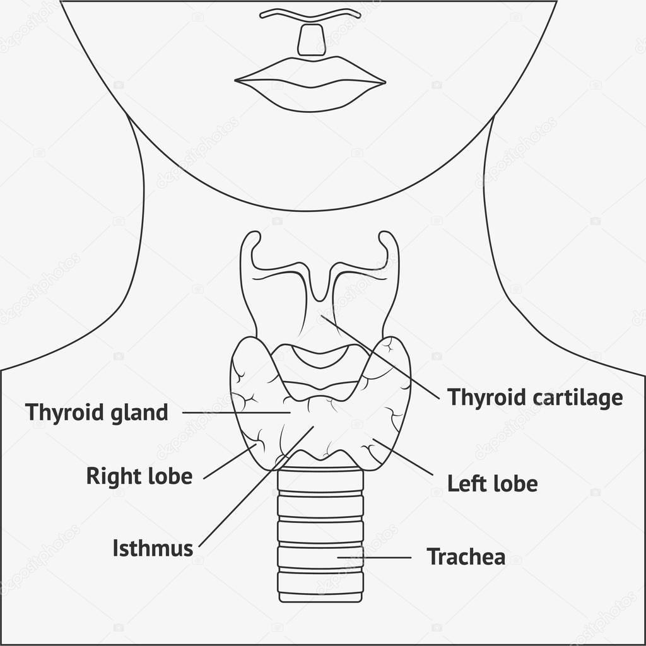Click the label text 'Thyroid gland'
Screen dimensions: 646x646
[97, 413]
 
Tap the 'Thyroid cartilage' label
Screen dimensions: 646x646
[535, 397]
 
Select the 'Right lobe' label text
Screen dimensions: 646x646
[139, 476]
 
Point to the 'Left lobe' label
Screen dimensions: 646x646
[492, 484]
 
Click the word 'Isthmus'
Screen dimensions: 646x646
[153, 548]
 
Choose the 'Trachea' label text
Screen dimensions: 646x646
[466, 557]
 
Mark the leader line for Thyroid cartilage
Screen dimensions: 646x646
[379, 357]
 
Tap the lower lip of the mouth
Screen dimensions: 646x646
[309, 98]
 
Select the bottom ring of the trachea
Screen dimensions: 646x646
[320, 596]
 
